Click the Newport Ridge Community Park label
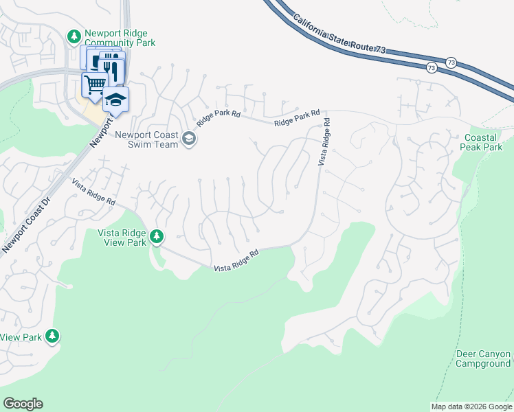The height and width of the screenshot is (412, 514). pos(120,38)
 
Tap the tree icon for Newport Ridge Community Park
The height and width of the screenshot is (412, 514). pos(74,35)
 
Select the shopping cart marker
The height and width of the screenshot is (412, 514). pos(94,84)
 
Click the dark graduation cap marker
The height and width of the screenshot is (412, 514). pos(116,99)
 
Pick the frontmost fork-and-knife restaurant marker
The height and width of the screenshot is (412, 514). pos(111,69)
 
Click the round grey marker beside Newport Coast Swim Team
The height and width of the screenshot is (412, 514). pos(189,140)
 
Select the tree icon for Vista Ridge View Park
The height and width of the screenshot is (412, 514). pos(157,237)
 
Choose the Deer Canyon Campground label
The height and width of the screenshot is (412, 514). pos(483,358)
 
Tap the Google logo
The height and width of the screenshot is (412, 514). pos(23,404)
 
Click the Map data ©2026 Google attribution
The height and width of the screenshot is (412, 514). pos(471,407)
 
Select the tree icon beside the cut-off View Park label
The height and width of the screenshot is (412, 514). pos(52,336)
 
